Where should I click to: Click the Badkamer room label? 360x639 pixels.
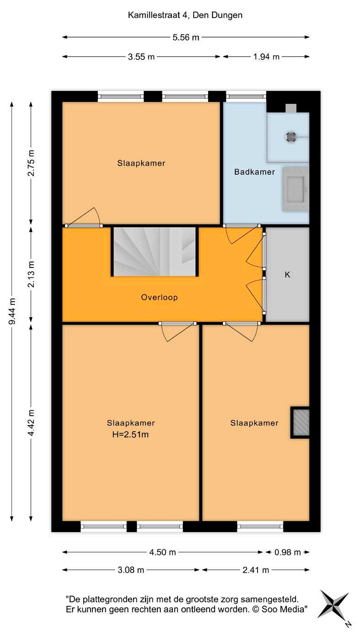[x=254, y=172]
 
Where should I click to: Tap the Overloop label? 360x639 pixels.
[x=159, y=298]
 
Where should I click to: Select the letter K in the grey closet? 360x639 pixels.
[x=287, y=275]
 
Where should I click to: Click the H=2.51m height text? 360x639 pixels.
[x=130, y=435]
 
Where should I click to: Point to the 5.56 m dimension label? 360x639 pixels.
[x=186, y=37]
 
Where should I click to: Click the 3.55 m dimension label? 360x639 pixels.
[x=141, y=57]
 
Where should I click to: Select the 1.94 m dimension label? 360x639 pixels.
[x=266, y=57]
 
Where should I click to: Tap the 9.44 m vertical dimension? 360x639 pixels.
[x=12, y=311]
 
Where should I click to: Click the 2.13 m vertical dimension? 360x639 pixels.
[x=32, y=274]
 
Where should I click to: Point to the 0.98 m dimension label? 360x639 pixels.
[x=287, y=552]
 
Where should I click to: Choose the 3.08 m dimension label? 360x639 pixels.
[x=131, y=570]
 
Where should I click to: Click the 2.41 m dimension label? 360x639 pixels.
[x=256, y=570]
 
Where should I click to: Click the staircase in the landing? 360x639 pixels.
[x=155, y=251]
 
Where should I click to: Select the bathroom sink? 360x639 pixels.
[x=296, y=189]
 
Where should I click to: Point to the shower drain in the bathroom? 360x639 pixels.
[x=291, y=137]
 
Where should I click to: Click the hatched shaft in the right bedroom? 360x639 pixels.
[x=301, y=422]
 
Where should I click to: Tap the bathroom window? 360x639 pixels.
[x=246, y=96]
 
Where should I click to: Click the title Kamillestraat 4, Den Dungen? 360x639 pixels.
[x=185, y=15]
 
